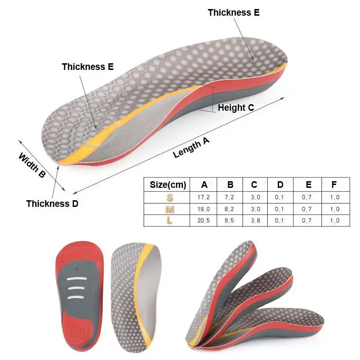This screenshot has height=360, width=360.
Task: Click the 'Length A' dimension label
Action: point(191,147)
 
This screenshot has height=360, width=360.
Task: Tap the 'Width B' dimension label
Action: point(32,165)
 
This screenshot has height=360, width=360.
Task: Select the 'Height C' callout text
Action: point(236,108)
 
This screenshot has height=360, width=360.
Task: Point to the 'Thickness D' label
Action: point(52,204)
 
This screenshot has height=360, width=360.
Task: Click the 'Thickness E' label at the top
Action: point(234,13)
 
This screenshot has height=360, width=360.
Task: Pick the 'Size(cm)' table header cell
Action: point(167,185)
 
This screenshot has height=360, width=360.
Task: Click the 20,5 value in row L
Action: point(204,221)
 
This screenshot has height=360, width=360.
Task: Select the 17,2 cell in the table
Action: point(204,197)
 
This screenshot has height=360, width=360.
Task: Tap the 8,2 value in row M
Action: point(230,209)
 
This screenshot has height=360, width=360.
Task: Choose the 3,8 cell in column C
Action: point(255,221)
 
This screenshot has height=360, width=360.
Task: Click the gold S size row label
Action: point(170,197)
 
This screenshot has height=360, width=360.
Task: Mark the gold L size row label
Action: point(170,221)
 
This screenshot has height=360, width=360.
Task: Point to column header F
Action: point(334,185)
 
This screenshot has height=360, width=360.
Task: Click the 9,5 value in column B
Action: point(230,221)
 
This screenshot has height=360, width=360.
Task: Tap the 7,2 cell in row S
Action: point(230,197)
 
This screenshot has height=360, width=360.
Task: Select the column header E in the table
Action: point(309,185)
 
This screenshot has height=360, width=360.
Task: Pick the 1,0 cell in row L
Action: point(334,221)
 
